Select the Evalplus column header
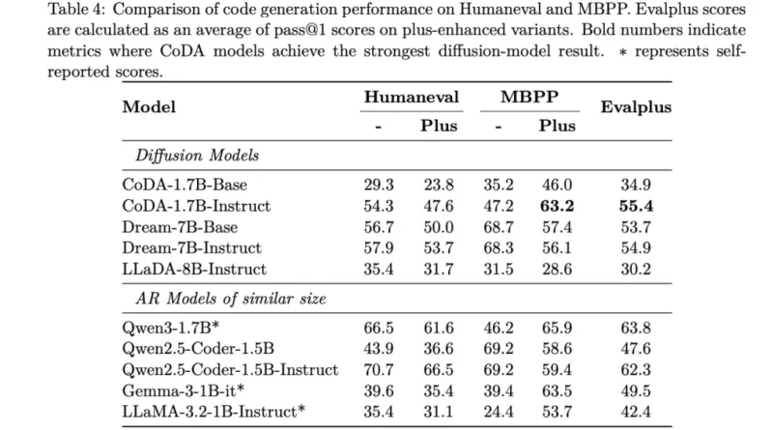636,107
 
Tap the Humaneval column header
412,97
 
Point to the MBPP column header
530,97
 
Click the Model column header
149,107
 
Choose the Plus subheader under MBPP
558,126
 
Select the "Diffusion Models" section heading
197,156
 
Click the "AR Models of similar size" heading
231,299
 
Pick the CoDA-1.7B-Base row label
185,185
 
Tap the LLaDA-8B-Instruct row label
194,269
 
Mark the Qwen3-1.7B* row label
171,328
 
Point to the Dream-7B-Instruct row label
191,247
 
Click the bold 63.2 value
558,206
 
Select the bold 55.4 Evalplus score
636,206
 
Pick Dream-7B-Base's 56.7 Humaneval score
379,227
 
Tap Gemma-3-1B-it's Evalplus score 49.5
636,390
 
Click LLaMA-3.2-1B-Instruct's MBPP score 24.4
499,412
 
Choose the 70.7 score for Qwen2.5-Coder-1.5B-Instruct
379,369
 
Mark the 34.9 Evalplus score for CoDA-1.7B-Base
636,185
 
